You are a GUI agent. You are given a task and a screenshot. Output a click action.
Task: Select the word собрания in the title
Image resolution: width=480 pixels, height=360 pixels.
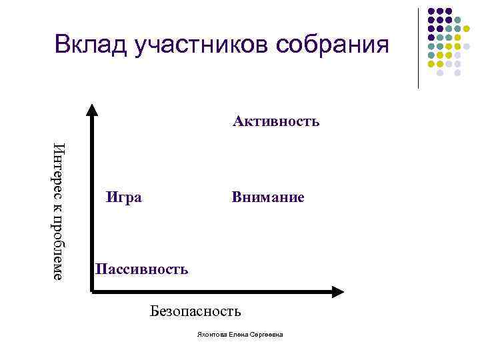(x=331, y=45)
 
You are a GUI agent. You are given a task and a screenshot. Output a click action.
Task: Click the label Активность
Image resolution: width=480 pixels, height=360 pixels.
(x=276, y=121)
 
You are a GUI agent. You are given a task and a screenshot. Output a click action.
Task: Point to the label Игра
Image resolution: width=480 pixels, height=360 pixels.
(x=124, y=197)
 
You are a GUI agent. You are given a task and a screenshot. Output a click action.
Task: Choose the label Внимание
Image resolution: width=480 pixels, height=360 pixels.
(x=268, y=197)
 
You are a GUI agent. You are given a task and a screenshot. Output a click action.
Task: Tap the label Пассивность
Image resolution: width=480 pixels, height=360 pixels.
(x=141, y=269)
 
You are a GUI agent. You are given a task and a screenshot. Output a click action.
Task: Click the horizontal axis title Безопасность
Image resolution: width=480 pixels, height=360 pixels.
(x=195, y=311)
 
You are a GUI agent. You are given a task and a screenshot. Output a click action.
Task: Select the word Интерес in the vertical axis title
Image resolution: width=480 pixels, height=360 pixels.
(x=58, y=170)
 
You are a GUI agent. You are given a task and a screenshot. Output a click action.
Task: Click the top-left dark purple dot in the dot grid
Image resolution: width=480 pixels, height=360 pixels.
(x=431, y=12)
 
